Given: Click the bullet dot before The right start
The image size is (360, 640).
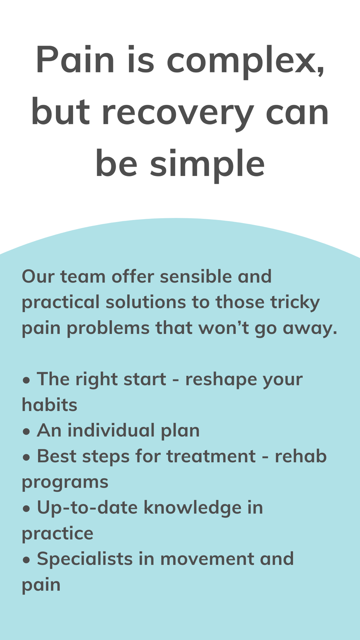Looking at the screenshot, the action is point(26,380).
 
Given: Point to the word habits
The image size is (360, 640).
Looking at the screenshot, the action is point(50,405).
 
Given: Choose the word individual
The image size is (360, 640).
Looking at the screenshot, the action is point(111,430).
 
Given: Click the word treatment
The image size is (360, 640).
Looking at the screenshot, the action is point(211,456).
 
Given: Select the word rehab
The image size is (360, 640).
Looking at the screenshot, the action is point(301,456).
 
